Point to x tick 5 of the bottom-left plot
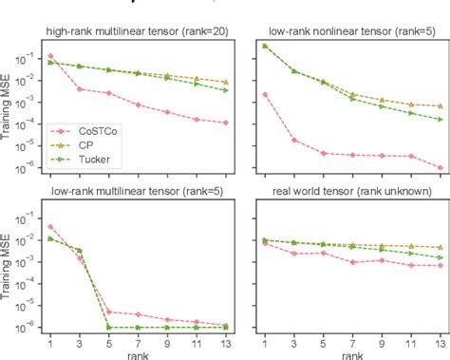(x=109, y=339)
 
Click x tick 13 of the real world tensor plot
(x=440, y=339)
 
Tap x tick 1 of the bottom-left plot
(x=50, y=339)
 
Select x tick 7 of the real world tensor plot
(x=352, y=339)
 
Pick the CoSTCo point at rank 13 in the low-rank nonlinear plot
(x=440, y=168)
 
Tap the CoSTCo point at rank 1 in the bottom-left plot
(x=50, y=227)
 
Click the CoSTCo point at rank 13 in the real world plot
(x=440, y=266)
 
